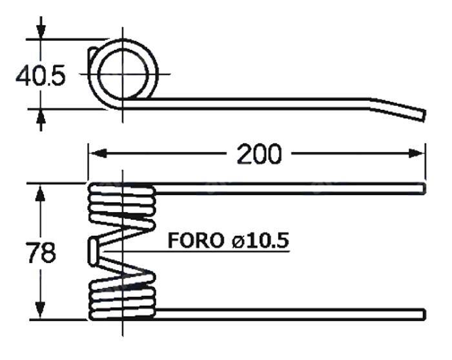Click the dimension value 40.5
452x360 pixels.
[x=40, y=76]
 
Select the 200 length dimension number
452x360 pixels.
[x=259, y=154]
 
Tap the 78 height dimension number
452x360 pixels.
[x=41, y=253]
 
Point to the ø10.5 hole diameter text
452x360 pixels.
[x=259, y=241]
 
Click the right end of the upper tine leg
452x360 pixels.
[x=422, y=188]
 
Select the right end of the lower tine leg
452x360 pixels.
[x=422, y=314]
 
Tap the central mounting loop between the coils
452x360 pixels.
[x=94, y=249]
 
